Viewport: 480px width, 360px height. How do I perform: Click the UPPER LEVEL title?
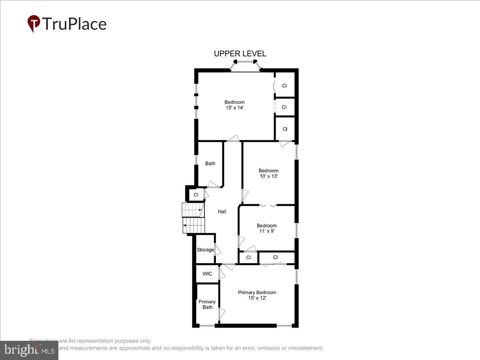click(240, 54)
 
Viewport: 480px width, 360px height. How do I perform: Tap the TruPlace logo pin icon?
click(34, 24)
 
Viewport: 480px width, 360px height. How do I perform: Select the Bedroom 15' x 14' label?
click(234, 105)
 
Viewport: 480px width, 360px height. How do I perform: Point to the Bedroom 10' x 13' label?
click(268, 173)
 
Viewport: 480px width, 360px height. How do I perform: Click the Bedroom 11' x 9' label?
click(266, 228)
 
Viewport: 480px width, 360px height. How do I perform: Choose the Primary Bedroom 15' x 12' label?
click(257, 295)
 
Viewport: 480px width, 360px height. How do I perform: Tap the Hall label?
click(222, 212)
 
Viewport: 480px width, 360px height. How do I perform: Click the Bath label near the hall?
click(210, 163)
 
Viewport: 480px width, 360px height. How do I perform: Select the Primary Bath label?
click(207, 304)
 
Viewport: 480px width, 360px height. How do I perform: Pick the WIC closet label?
click(207, 274)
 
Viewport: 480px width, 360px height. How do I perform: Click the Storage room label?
click(205, 250)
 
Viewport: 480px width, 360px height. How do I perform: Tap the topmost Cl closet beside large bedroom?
click(284, 86)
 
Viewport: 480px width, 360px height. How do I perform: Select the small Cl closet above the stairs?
click(196, 195)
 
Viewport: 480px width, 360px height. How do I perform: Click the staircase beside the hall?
click(194, 218)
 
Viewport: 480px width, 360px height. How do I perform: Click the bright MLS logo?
click(29, 350)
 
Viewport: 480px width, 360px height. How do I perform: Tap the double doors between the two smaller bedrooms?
click(268, 206)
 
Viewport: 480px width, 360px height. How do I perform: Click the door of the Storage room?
click(217, 250)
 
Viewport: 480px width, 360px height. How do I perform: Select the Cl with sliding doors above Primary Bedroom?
click(276, 258)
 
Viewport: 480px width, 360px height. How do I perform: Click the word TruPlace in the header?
click(74, 24)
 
